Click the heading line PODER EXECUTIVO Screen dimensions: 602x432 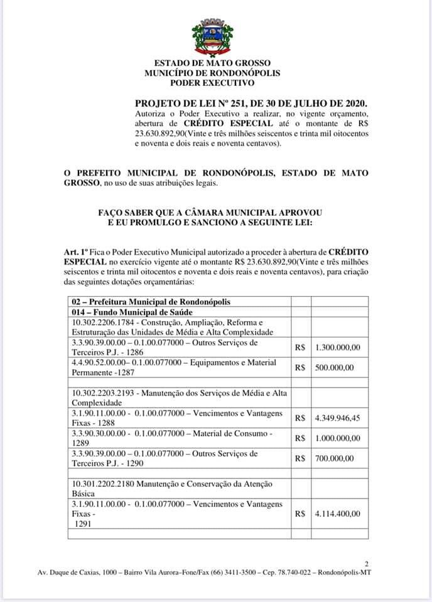click(212, 82)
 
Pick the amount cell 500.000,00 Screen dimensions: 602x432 click(335, 367)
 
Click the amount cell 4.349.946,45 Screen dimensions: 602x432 click(338, 418)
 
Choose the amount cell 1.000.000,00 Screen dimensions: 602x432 click(338, 438)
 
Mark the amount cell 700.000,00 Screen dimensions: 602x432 click(335, 458)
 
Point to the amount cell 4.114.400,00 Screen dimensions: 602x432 click(338, 514)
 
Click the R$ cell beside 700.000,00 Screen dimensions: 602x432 click(300, 458)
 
